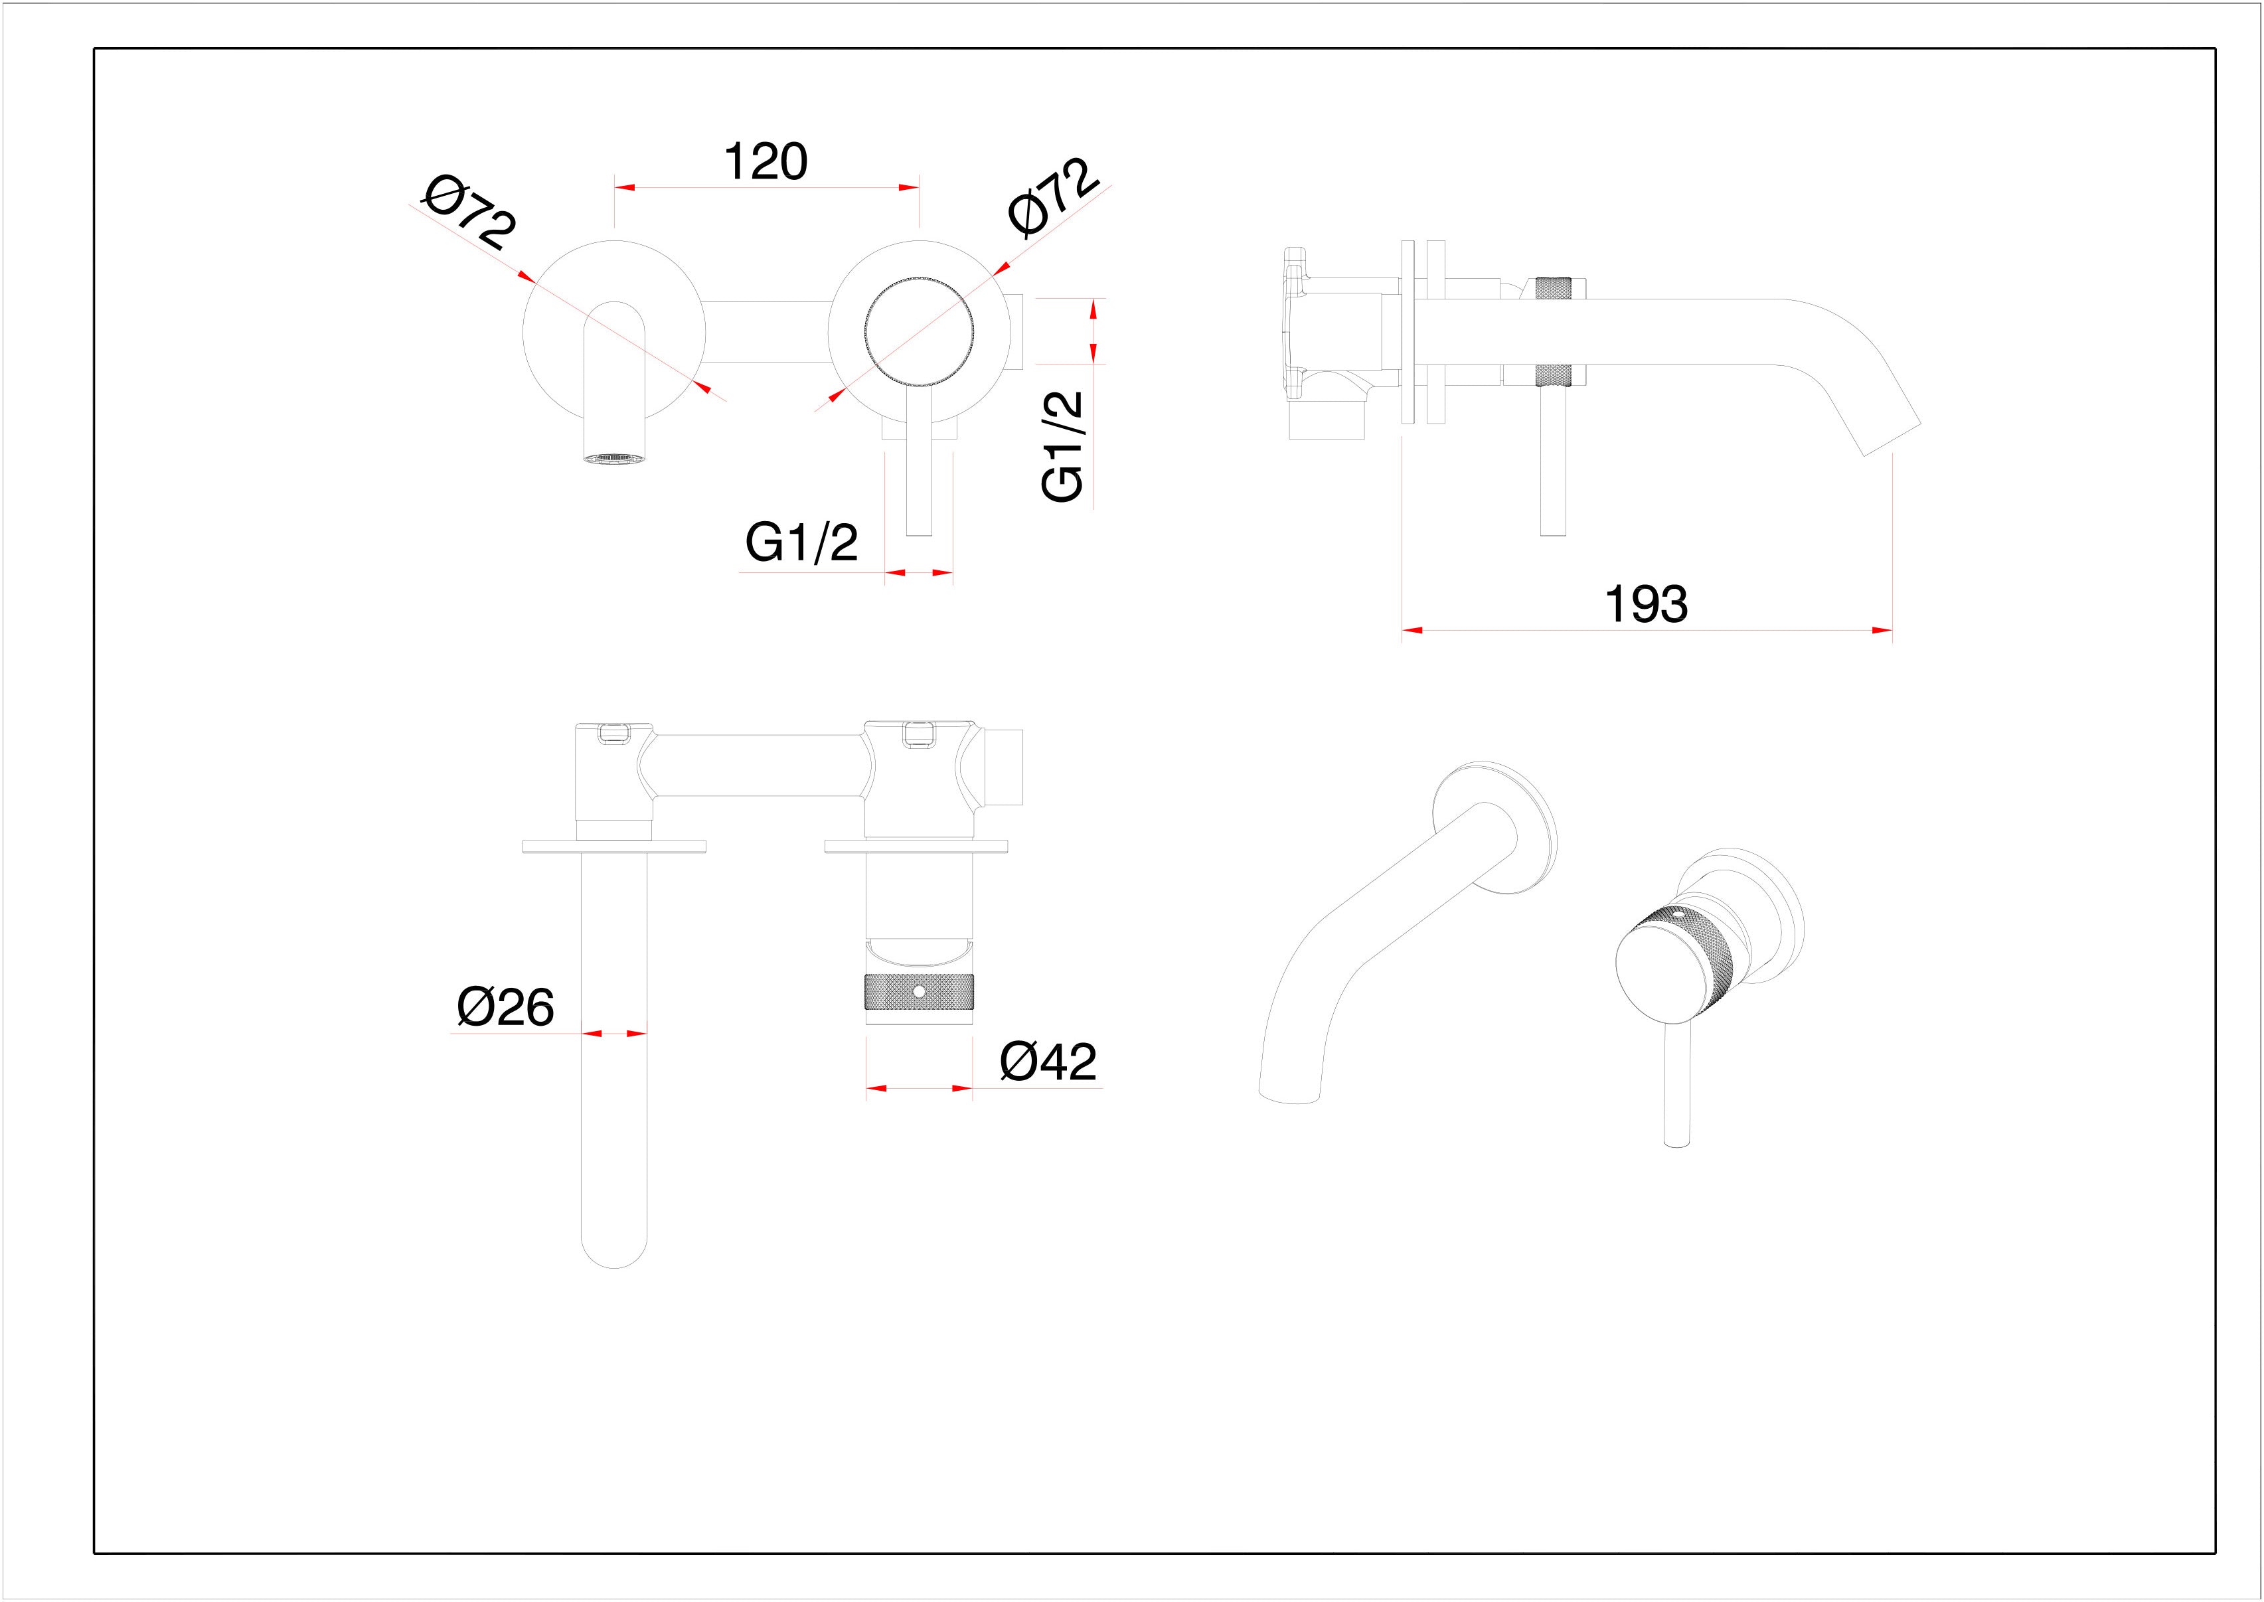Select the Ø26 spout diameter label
pos(505,1007)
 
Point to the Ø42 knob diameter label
pos(1048,1062)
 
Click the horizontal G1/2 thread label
pos(801,542)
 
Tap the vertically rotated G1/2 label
pos(1064,446)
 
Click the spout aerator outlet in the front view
pos(615,457)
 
